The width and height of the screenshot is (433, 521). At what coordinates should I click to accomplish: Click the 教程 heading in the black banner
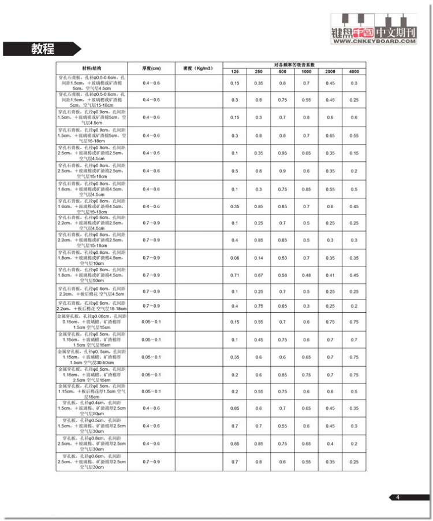point(43,49)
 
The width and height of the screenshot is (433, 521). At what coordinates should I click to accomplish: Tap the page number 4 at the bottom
point(398,497)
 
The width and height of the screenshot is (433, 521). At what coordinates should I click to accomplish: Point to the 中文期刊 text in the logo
point(395,32)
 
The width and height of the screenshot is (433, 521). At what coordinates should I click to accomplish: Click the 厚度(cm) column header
point(151,68)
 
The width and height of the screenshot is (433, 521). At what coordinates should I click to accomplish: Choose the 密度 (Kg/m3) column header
point(199,68)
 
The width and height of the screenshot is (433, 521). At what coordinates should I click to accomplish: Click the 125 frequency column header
point(235,71)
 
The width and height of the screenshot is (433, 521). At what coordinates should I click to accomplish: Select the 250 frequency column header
point(259,71)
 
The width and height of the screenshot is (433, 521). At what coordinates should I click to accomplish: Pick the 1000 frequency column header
point(306,71)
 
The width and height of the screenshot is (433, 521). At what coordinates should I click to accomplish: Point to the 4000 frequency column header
point(353,71)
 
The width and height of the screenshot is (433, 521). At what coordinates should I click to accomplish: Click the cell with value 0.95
point(282,153)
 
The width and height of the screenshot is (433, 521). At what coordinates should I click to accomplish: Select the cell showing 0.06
point(235,258)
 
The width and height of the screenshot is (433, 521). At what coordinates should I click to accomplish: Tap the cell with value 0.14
point(259,258)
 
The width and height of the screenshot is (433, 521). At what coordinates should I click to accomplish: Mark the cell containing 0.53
point(282,258)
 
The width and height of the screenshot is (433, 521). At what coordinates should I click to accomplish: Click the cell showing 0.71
point(235,275)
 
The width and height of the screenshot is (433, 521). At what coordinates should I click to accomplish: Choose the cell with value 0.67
point(259,275)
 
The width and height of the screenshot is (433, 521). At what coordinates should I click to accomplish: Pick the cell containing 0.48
point(306,275)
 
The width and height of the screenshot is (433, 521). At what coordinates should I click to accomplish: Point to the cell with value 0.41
point(330,275)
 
